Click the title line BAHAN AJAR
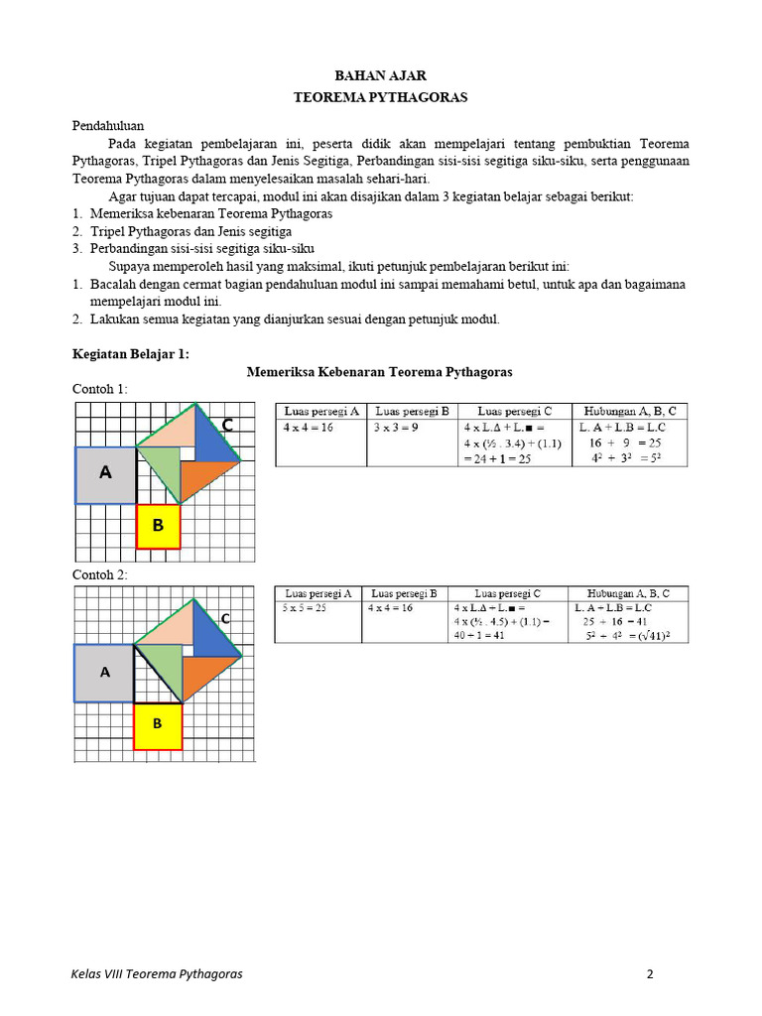coord(381,75)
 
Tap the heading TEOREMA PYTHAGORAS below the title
coord(381,98)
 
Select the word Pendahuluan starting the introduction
coord(108,126)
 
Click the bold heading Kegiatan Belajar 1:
coord(131,353)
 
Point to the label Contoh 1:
coord(100,389)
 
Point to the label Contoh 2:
coord(100,575)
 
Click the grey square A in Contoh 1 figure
coord(106,474)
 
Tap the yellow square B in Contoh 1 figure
coord(158,526)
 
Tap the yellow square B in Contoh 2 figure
coord(158,725)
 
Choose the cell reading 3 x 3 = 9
coord(396,428)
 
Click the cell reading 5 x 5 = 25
coord(305,608)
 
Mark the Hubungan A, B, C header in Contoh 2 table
coord(630,593)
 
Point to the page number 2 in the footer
coord(650,973)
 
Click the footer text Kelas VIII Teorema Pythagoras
coord(157,973)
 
